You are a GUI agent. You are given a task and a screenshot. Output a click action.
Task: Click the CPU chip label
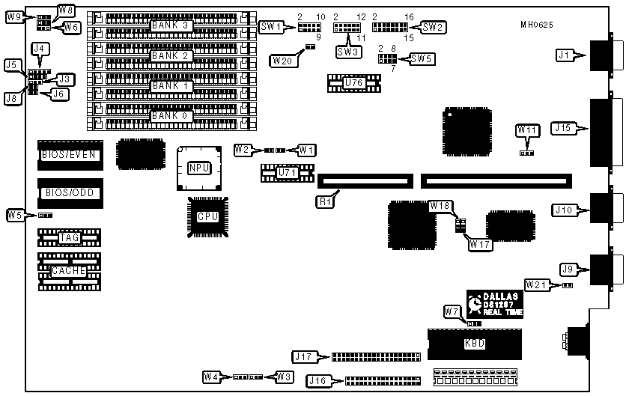click(x=207, y=217)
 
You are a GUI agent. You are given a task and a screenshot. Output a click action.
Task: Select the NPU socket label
click(x=198, y=168)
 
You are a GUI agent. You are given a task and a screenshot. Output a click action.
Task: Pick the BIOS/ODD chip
click(x=69, y=192)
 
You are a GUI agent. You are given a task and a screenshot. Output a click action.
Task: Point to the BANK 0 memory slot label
click(x=171, y=116)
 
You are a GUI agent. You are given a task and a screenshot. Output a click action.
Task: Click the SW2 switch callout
click(x=433, y=27)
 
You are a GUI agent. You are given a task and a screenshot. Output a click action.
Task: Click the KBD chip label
click(x=474, y=344)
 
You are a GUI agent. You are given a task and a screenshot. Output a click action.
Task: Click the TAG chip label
click(x=69, y=238)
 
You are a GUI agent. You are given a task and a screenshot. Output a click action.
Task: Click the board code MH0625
click(x=537, y=25)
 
